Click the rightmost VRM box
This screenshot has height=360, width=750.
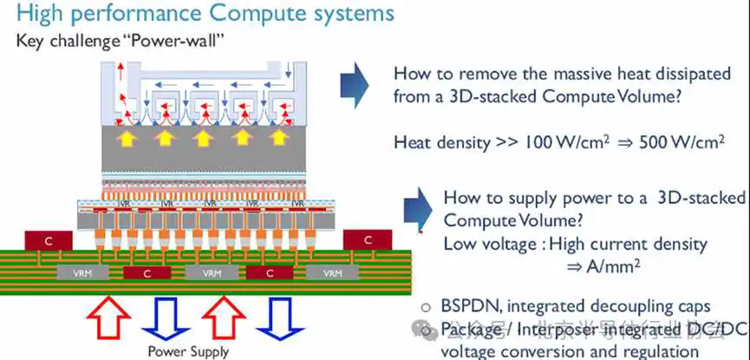point(332,272)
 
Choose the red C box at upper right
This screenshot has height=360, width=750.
point(368,239)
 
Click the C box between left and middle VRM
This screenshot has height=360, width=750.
point(145,273)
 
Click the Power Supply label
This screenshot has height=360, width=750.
point(188,351)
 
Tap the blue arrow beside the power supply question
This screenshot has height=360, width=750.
point(415,209)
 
